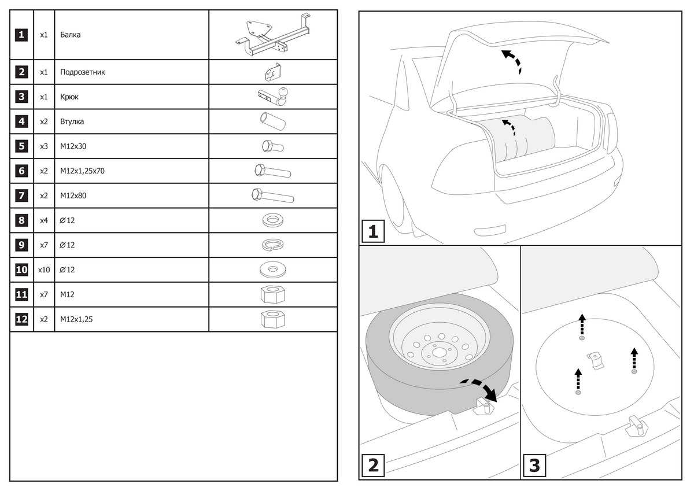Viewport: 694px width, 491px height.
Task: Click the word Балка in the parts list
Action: click(x=70, y=35)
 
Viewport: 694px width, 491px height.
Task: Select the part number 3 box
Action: click(x=21, y=97)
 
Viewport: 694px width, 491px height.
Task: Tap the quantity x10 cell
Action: click(x=44, y=270)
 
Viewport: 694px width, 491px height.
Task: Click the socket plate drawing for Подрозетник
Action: click(x=272, y=73)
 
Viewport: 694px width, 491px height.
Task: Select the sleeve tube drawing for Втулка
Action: click(x=273, y=121)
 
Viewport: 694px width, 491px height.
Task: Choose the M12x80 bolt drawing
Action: click(x=273, y=196)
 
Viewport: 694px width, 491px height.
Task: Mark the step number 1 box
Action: click(x=373, y=232)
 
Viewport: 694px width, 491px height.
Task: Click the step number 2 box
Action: click(x=373, y=465)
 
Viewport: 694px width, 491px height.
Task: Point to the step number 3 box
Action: click(x=534, y=465)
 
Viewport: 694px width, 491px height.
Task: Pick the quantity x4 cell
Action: click(x=44, y=220)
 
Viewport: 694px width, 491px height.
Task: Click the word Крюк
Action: click(x=69, y=97)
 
